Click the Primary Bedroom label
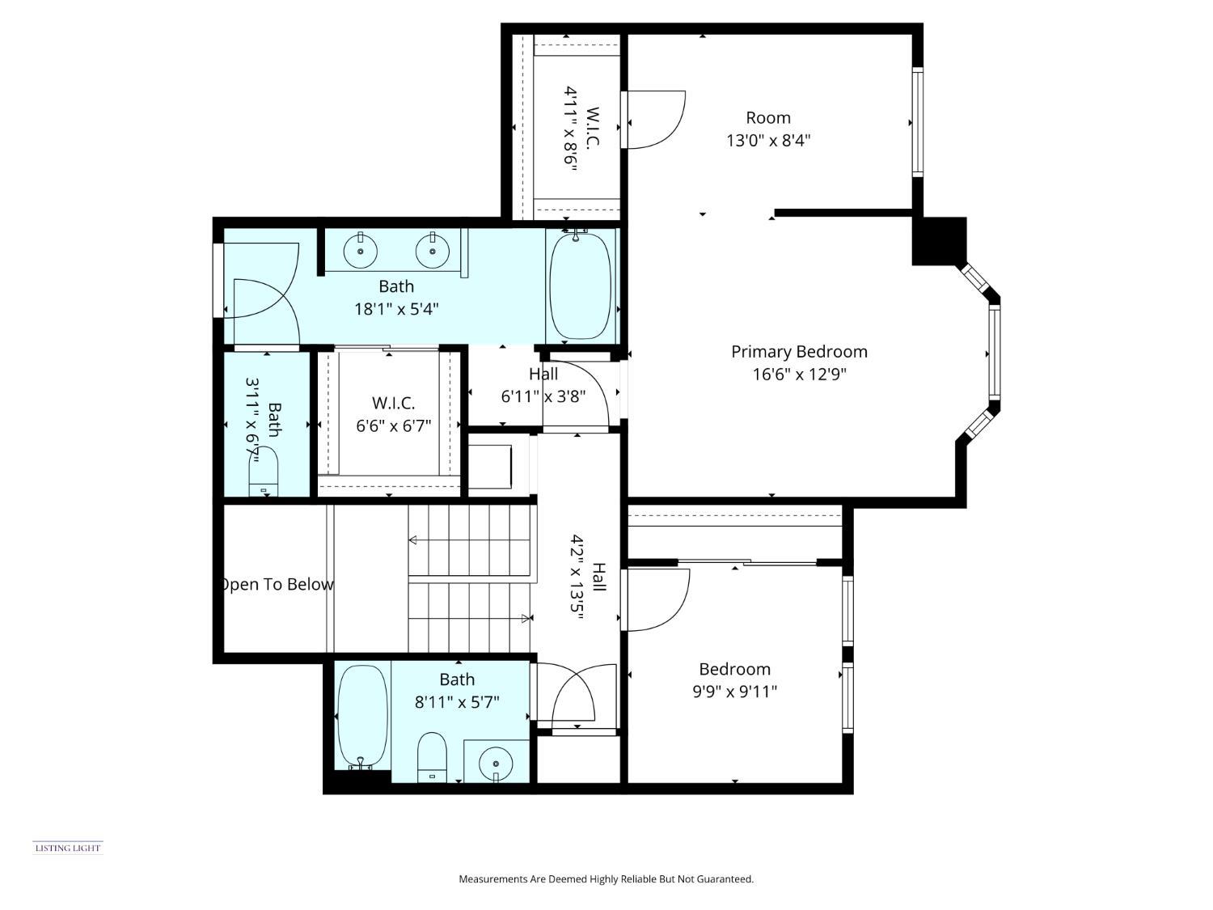pos(799,352)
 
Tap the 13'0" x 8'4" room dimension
pos(768,141)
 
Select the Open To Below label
pos(277,584)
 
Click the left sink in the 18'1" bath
pos(360,251)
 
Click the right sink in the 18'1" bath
pos(433,251)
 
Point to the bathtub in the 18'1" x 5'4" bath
pos(580,286)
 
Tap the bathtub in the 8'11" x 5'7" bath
pos(361,716)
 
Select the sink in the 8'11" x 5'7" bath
pos(495,763)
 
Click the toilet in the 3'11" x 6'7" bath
pos(264,473)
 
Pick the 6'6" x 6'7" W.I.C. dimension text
pos(394,425)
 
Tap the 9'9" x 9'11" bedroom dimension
pos(734,692)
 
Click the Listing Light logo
pos(68,848)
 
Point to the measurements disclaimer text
pos(606,878)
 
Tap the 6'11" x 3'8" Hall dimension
pos(543,396)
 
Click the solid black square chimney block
pos(940,241)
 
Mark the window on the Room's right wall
pos(917,122)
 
